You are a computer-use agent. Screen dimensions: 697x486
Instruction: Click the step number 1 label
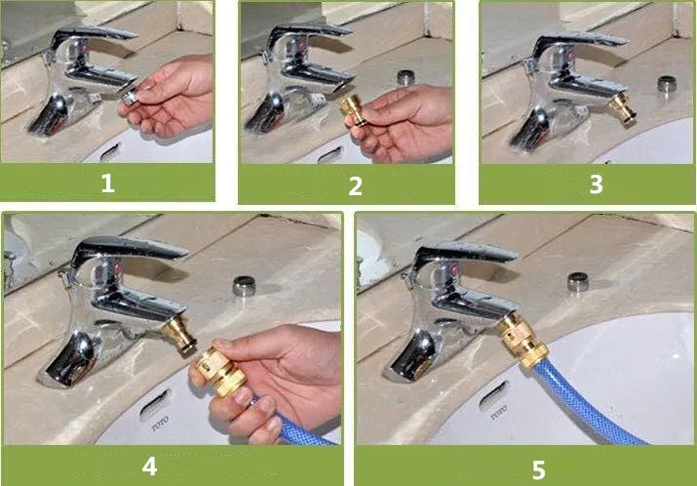(x=107, y=182)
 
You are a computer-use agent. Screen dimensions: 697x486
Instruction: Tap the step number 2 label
(x=355, y=185)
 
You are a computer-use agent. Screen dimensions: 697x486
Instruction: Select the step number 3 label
(x=596, y=183)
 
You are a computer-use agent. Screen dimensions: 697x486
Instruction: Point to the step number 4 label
(x=149, y=466)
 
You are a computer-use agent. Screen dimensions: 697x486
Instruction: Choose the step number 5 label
(x=538, y=470)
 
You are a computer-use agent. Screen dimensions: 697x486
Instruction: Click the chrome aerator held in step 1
(x=129, y=96)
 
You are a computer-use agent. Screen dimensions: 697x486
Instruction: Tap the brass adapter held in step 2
(x=353, y=109)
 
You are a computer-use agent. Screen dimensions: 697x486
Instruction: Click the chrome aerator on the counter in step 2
(x=406, y=77)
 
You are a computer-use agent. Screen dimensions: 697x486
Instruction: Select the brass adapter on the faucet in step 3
(x=622, y=107)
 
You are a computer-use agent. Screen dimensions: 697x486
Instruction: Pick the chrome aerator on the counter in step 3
(x=667, y=84)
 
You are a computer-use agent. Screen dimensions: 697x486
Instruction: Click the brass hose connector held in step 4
(x=219, y=371)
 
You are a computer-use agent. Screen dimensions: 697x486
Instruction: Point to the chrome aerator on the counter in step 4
(x=244, y=286)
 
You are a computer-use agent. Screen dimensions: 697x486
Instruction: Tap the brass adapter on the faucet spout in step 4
(x=179, y=334)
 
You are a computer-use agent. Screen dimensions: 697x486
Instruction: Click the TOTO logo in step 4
(x=160, y=424)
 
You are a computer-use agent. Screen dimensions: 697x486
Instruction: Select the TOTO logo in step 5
(x=499, y=413)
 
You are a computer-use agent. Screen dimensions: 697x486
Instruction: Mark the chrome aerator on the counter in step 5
(x=578, y=282)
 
